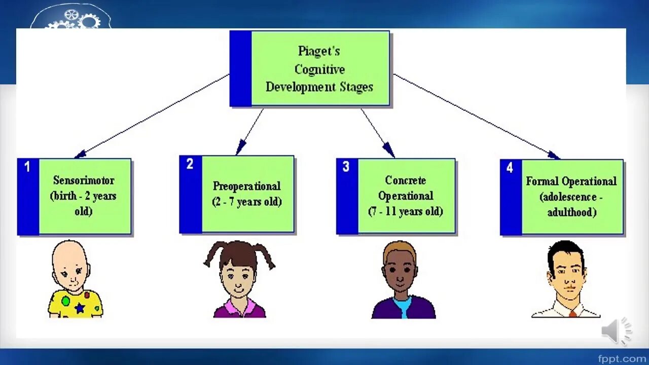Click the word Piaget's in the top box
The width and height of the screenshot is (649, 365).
pos(318,51)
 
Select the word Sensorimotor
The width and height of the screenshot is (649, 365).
pos(84,180)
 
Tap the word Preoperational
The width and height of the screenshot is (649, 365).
pos(246,186)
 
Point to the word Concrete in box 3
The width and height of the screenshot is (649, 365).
pos(405,180)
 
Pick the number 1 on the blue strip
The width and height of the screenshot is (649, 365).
pos(27,167)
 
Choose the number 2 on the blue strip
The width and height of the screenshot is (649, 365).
pos(190,164)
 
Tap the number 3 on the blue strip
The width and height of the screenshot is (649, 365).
pos(346,167)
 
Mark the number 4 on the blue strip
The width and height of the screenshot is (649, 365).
pos(510,168)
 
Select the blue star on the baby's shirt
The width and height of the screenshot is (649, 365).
pos(80,307)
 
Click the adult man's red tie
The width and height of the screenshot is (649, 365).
pos(572,314)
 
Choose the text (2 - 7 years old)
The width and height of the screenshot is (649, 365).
pos(246,202)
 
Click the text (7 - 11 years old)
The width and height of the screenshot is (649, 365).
pos(405,211)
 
